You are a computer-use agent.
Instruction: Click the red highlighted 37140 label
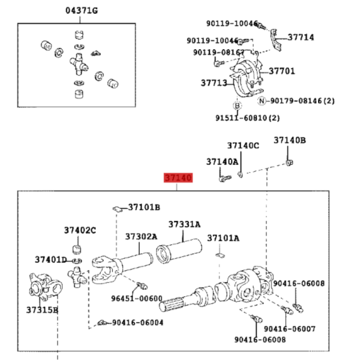click(x=178, y=178)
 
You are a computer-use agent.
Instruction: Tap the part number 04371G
click(x=82, y=11)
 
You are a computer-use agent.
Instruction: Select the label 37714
click(x=301, y=37)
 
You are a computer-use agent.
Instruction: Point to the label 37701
click(x=282, y=71)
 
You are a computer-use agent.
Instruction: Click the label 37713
click(x=214, y=83)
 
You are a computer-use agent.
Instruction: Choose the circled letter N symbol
click(x=262, y=101)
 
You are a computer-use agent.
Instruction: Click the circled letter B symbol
click(x=238, y=106)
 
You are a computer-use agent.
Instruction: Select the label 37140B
click(x=290, y=140)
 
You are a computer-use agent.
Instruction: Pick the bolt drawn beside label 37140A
click(x=225, y=178)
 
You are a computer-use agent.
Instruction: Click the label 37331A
click(x=184, y=224)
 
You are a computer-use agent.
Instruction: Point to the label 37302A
click(x=141, y=236)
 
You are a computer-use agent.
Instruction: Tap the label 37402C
click(x=80, y=230)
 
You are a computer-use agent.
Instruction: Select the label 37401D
click(x=51, y=260)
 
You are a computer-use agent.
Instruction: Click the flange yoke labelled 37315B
click(x=46, y=287)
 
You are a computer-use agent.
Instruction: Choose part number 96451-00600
click(x=137, y=298)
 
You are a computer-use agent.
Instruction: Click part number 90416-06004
click(x=138, y=323)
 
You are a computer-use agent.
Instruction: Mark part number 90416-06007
click(x=290, y=329)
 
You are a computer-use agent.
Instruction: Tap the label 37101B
click(x=144, y=208)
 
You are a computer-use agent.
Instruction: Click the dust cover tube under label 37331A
click(x=179, y=251)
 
